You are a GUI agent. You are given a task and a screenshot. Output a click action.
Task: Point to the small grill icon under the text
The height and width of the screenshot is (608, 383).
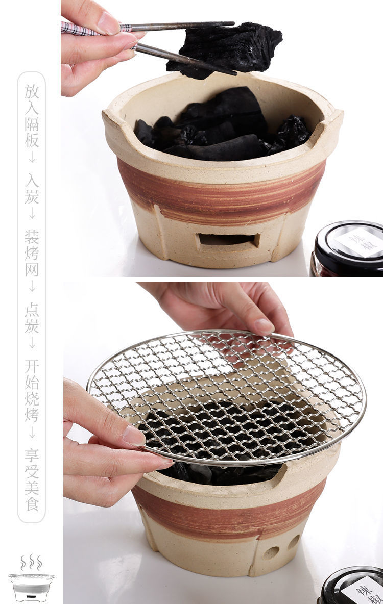tap(31, 587)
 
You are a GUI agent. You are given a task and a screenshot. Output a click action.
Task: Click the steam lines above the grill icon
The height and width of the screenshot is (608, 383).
tap(31, 563)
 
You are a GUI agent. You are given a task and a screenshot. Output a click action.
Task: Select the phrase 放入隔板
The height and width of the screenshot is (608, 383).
tap(32, 116)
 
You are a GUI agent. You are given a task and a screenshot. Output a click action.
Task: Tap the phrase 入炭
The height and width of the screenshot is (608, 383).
tap(32, 188)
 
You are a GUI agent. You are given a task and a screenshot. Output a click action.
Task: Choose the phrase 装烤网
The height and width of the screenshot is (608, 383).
tap(32, 254)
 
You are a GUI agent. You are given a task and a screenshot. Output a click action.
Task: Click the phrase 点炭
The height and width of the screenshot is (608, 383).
tap(32, 319)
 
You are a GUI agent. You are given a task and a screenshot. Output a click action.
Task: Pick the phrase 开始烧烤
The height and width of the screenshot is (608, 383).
tap(32, 391)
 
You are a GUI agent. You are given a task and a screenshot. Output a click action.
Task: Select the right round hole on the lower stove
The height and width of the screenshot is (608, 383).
tap(294, 542)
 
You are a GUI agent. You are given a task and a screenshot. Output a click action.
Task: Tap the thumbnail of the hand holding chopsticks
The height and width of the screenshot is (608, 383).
tap(108, 23)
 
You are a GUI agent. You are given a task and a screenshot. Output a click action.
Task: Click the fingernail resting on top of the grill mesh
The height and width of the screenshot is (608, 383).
tap(264, 326)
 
